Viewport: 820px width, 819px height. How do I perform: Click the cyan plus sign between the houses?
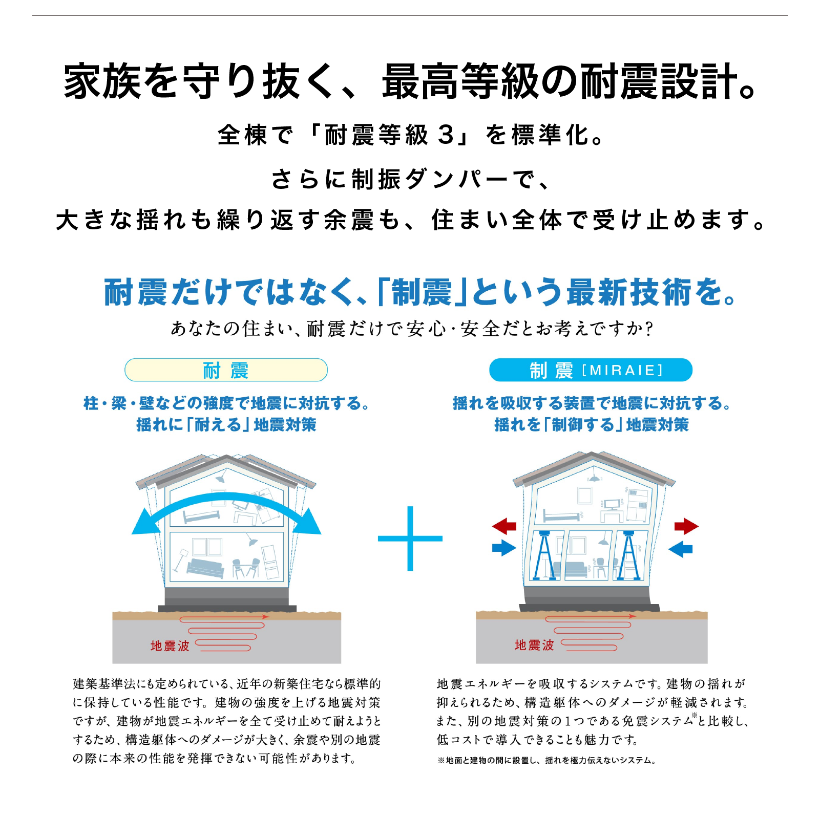(410, 538)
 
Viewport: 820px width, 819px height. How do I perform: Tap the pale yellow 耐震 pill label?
(226, 370)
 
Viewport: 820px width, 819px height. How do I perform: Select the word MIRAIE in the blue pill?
(622, 370)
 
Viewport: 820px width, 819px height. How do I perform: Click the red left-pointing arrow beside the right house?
(504, 526)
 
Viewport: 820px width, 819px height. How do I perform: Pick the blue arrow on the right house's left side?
(504, 548)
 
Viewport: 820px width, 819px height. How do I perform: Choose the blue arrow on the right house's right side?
(681, 549)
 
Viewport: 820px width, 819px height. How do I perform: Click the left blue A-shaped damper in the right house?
(544, 555)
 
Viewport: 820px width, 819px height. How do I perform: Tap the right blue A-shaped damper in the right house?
(629, 555)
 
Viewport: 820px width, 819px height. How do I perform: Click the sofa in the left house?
(205, 567)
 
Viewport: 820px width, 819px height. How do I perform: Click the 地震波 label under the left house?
(170, 646)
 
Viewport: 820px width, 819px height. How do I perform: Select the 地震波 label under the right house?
(534, 645)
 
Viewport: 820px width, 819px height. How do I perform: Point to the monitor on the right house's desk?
(612, 505)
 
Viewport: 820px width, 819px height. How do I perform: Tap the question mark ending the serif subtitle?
(649, 328)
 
